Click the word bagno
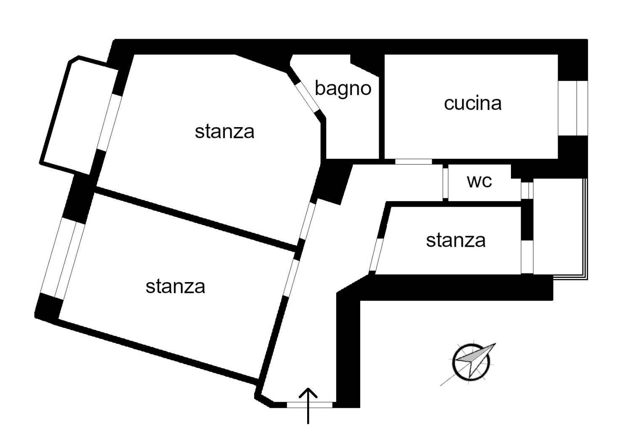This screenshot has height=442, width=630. pos(343,89)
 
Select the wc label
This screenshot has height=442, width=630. pos(479,181)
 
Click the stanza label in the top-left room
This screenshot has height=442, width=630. pos(224,132)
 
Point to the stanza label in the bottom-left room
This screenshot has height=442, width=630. pos(175,287)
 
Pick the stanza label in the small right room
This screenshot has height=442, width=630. pos(456,240)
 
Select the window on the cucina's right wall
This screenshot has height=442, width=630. pos(573,108)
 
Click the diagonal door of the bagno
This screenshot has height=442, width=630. pos(307,97)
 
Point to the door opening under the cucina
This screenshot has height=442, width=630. pos(413,162)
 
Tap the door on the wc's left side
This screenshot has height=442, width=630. pos(446,183)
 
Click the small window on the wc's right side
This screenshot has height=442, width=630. pos(527,191)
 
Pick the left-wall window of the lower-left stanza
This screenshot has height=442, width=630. pos(62,259)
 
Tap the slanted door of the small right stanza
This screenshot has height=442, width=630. pos(376,255)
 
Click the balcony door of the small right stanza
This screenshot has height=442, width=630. pos(527,257)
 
